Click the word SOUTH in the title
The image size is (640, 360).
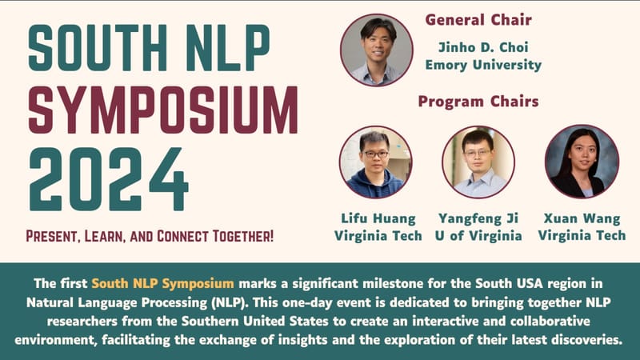coord(98,48)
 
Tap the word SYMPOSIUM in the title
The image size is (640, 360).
coord(163,110)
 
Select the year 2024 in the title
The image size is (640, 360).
coord(109,179)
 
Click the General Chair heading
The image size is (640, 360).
coord(478,19)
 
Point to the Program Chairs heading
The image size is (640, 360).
coord(478,102)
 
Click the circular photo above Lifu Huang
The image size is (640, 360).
coord(375,162)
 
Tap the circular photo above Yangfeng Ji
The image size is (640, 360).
coord(478,162)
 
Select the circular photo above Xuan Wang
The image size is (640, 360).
coord(582,162)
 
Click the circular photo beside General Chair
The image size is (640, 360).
coord(377,50)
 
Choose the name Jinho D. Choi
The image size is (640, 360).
coord(483,47)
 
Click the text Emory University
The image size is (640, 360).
coord(483,65)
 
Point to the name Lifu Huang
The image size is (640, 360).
coord(378,218)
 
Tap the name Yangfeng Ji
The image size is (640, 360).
coord(478,218)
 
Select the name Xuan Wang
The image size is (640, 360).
coord(582,218)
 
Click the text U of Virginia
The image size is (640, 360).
coord(478,235)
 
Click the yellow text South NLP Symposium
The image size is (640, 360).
coord(163,283)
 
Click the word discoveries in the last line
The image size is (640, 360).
coord(587,339)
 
